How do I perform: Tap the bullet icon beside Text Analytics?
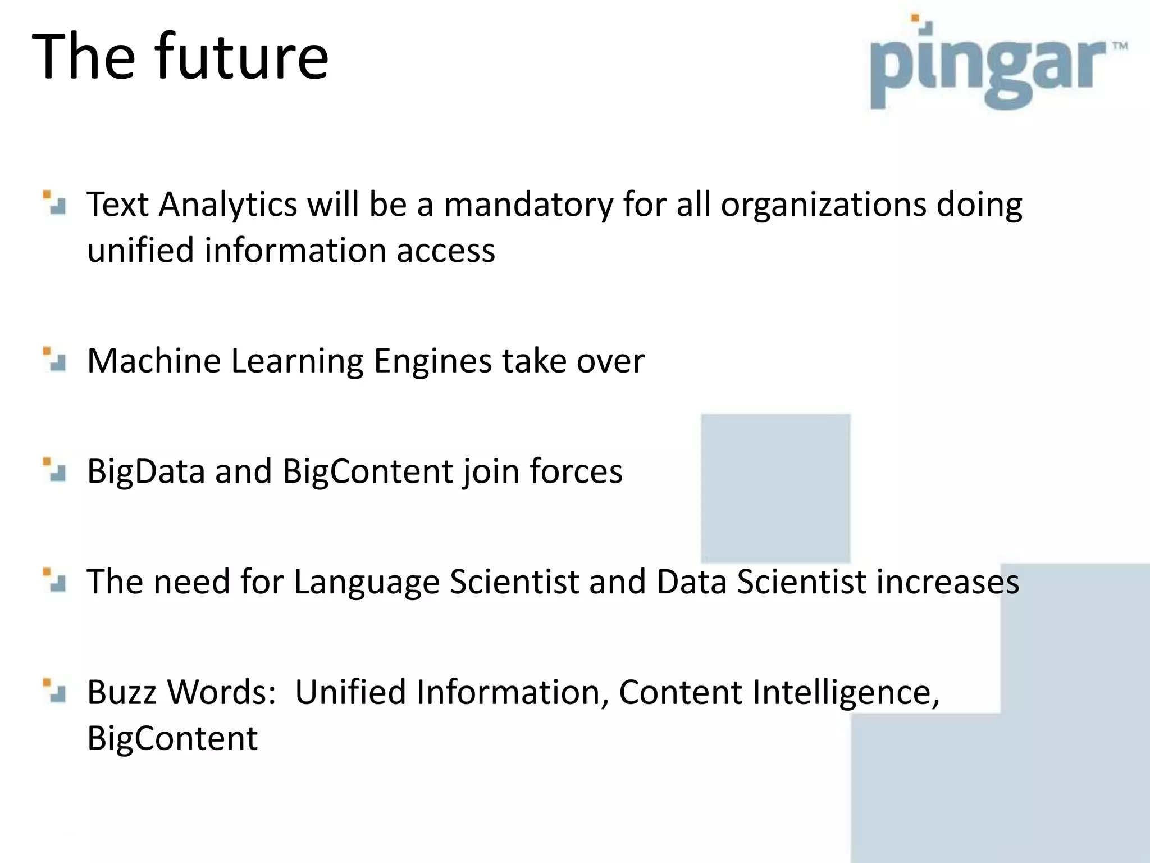pyautogui.click(x=54, y=203)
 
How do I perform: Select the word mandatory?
pyautogui.click(x=528, y=204)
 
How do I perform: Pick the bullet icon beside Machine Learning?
pyautogui.click(x=54, y=360)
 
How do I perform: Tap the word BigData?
pyautogui.click(x=146, y=471)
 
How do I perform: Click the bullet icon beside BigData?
pyautogui.click(x=54, y=470)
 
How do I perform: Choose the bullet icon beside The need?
pyautogui.click(x=54, y=580)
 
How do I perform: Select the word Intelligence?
pyautogui.click(x=846, y=693)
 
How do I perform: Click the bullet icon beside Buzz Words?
pyautogui.click(x=54, y=691)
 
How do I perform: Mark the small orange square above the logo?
pyautogui.click(x=915, y=18)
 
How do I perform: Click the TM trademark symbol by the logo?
pyautogui.click(x=1119, y=46)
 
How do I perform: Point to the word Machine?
pyautogui.click(x=154, y=361)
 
